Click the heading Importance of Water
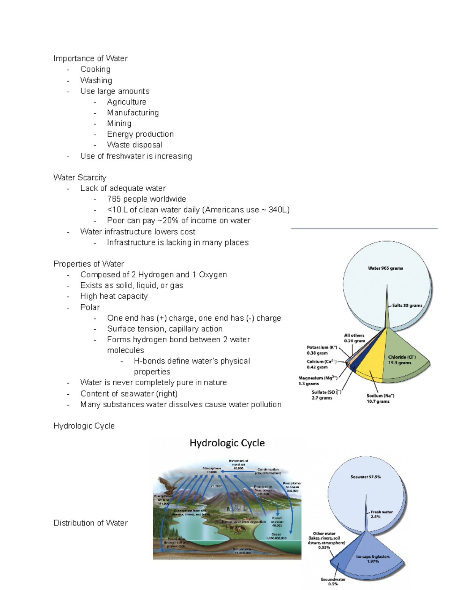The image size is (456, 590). click(x=90, y=59)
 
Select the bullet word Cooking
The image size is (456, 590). click(x=95, y=69)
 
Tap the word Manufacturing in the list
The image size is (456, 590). click(x=133, y=112)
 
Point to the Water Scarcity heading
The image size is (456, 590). click(x=80, y=177)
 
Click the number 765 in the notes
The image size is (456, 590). click(x=114, y=199)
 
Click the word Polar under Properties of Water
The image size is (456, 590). click(x=90, y=307)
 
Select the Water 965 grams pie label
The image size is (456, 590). click(x=385, y=268)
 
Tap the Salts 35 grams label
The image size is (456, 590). click(x=407, y=305)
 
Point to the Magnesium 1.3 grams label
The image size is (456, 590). click(x=318, y=381)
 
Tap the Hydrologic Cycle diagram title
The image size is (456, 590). click(x=227, y=443)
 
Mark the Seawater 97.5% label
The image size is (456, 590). click(x=366, y=477)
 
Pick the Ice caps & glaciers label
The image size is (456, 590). click(x=373, y=558)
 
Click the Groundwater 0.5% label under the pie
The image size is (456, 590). click(x=333, y=581)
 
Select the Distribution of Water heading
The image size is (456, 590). click(x=90, y=523)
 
